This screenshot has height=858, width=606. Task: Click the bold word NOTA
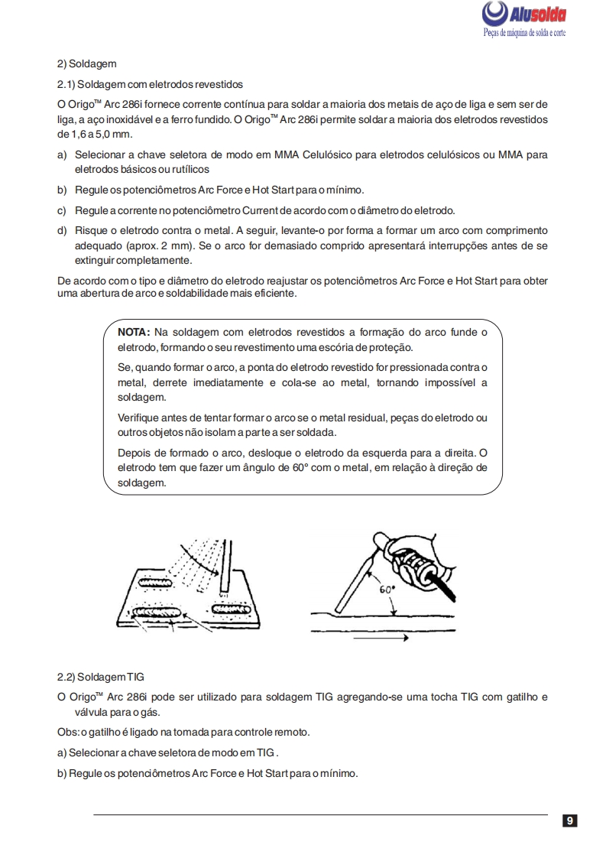tap(134, 332)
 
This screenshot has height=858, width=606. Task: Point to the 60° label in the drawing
tap(387, 590)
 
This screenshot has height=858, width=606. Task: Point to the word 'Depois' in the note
tap(133, 452)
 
